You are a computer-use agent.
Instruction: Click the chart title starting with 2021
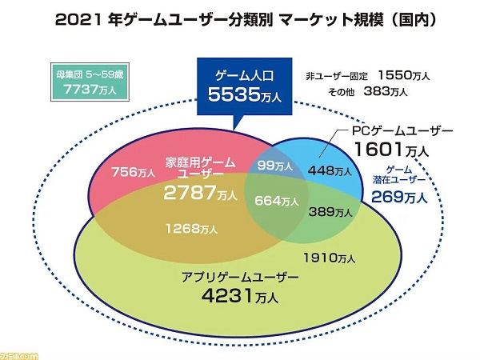(x=240, y=18)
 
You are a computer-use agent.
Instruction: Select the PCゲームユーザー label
(x=402, y=130)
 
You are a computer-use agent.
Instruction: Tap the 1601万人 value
(x=390, y=148)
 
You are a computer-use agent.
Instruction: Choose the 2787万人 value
(x=200, y=194)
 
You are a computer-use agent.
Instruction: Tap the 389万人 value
(x=330, y=214)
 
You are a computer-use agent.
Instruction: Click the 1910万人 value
(x=330, y=258)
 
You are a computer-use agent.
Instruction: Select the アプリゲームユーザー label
(x=239, y=278)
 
